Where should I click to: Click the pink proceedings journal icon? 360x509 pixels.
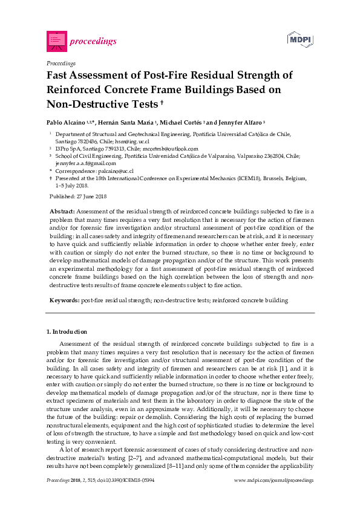[x=55, y=41]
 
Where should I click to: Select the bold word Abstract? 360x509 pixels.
[x=62, y=212]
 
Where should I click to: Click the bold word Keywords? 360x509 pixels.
[x=64, y=300]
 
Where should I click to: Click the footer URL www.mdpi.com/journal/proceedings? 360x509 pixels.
[x=273, y=496]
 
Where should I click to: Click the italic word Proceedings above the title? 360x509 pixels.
[x=61, y=63]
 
